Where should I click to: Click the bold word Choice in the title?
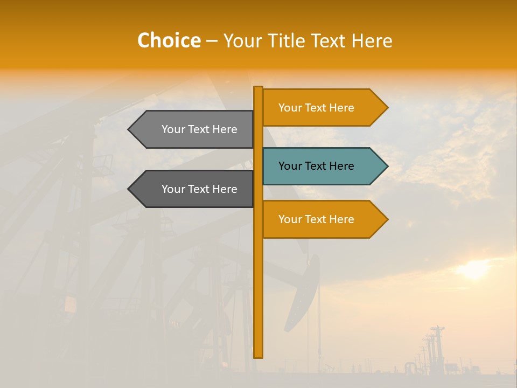point(169,40)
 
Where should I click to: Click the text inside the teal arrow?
point(316,166)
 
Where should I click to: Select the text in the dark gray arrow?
point(199,189)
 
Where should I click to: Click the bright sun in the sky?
point(474,269)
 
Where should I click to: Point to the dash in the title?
point(212,41)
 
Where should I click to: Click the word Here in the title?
point(372,40)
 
